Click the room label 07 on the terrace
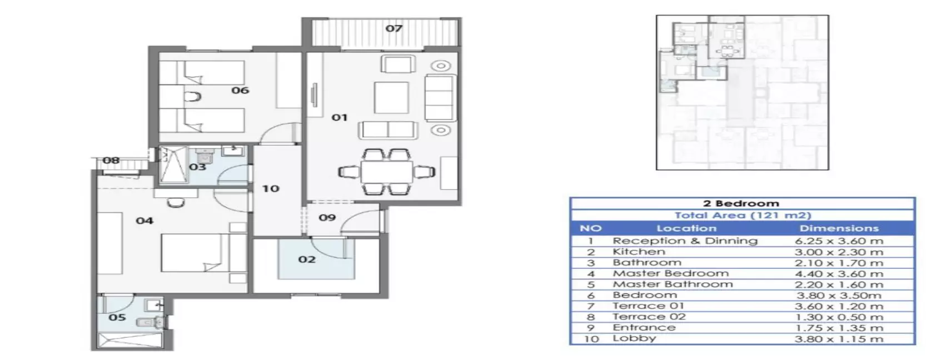[x=394, y=28]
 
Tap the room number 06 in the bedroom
[x=240, y=90]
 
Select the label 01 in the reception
[x=340, y=118]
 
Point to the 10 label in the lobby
[x=271, y=189]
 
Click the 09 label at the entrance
[x=327, y=217]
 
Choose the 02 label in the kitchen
[x=307, y=259]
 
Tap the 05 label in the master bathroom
[x=117, y=317]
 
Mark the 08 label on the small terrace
[x=111, y=161]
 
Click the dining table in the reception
[x=386, y=172]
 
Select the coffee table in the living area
[x=391, y=97]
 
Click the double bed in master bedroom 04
[x=198, y=253]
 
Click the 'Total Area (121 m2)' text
[x=743, y=216]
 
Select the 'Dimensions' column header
[x=839, y=228]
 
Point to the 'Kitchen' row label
[x=639, y=252]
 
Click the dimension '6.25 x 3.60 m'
[x=839, y=241]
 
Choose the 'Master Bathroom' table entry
[x=673, y=284]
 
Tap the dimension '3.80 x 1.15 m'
[x=839, y=339]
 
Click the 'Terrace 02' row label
[x=649, y=317]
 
